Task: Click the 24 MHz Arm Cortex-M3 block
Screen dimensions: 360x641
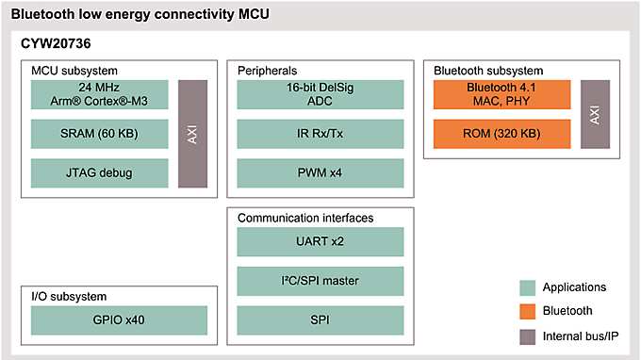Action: [98, 94]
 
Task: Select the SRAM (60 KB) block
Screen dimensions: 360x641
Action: [98, 133]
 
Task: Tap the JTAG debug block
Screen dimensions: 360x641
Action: [98, 172]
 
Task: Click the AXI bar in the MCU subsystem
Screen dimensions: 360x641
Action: [192, 133]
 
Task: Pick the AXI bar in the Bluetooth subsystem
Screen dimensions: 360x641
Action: [595, 114]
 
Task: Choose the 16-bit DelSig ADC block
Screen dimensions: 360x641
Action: [320, 94]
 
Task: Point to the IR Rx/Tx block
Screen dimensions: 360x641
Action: [320, 133]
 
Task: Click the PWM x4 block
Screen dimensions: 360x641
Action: [320, 172]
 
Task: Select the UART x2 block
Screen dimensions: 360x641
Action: [320, 241]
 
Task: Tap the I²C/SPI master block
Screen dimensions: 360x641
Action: [320, 280]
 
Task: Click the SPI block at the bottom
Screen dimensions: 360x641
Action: [320, 319]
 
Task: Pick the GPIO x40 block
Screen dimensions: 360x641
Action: [119, 319]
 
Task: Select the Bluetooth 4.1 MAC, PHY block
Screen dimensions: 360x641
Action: [502, 94]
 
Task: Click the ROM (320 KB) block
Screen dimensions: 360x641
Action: [502, 133]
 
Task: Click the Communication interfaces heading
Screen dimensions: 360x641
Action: [305, 218]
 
